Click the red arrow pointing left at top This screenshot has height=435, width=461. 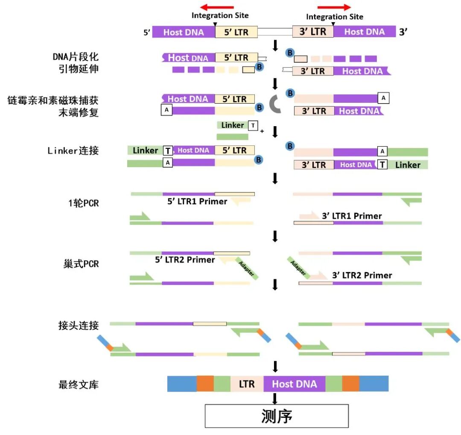[x=217, y=7]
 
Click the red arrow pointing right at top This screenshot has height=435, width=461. [x=334, y=7]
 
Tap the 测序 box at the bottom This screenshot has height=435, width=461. [x=277, y=416]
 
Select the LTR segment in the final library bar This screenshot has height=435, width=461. [x=247, y=384]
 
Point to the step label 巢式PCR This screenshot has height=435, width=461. [x=81, y=264]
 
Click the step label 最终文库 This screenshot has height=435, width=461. [x=79, y=384]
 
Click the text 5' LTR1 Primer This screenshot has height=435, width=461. [x=197, y=201]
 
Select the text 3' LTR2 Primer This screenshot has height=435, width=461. [x=362, y=275]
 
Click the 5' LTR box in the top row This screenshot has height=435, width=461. [x=236, y=32]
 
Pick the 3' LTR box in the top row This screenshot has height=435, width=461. [x=313, y=32]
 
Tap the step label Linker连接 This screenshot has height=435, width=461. [x=73, y=151]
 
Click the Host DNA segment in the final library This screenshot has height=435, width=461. [x=295, y=384]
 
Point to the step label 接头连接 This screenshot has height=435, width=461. [x=79, y=326]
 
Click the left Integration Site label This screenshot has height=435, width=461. [x=220, y=15]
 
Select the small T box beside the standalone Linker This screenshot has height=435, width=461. [x=253, y=125]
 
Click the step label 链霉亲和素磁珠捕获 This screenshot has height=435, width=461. [x=53, y=100]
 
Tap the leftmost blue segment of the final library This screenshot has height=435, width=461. [x=182, y=384]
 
